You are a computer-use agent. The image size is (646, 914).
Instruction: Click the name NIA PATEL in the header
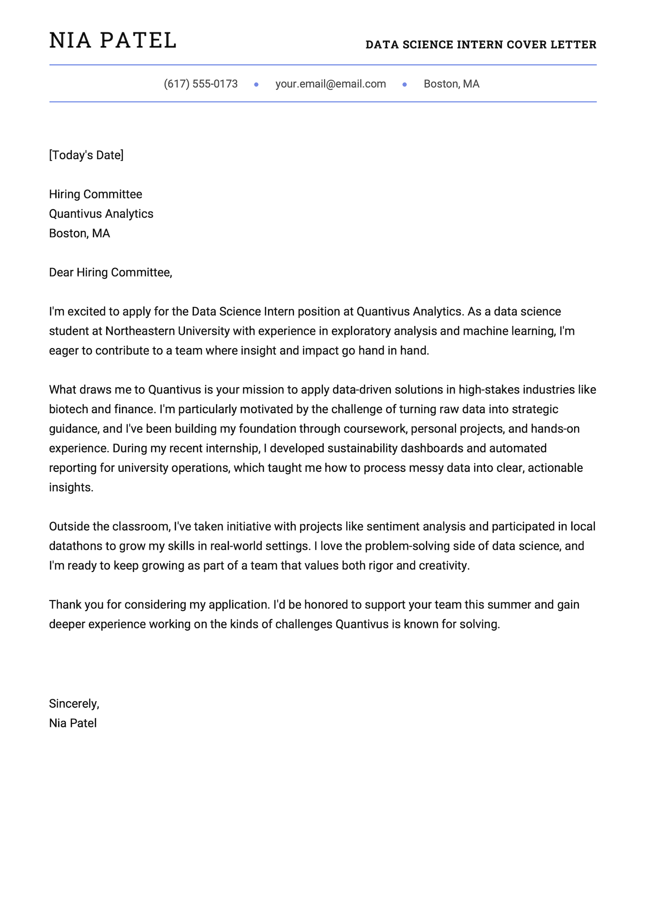(113, 41)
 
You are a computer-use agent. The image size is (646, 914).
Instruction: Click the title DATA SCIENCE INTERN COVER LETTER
(481, 45)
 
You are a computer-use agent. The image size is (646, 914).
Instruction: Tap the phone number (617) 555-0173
(201, 84)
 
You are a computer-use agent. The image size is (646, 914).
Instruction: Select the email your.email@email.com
(330, 84)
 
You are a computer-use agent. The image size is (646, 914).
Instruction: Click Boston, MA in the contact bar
(451, 84)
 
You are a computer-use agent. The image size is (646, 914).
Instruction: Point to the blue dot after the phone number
(257, 84)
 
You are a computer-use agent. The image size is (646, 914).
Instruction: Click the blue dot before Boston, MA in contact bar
(405, 84)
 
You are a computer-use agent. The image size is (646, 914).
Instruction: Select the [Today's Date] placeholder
(86, 155)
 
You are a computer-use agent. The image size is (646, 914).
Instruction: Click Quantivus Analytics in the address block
(101, 214)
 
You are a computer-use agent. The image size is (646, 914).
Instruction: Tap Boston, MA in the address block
(79, 233)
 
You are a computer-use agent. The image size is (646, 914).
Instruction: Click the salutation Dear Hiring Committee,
(110, 272)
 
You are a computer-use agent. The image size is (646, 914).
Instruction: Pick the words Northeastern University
(167, 331)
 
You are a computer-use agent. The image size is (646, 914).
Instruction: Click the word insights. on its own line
(71, 487)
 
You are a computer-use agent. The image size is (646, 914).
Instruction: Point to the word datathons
(75, 546)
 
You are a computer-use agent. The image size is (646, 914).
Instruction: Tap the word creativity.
(444, 565)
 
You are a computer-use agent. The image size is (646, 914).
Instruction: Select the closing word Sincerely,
(74, 704)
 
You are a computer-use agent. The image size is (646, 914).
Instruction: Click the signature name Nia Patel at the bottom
(73, 723)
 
